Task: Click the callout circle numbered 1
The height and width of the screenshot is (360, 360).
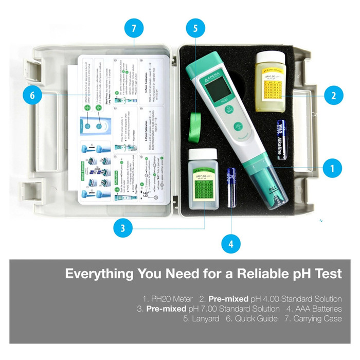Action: point(332,168)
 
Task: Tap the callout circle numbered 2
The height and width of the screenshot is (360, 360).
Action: point(333,95)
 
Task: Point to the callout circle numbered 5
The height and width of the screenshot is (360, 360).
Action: point(195,29)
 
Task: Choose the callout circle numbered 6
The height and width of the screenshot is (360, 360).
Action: point(32,96)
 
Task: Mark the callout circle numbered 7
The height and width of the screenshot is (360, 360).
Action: point(133,29)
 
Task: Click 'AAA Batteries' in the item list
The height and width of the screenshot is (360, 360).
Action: point(314,309)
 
